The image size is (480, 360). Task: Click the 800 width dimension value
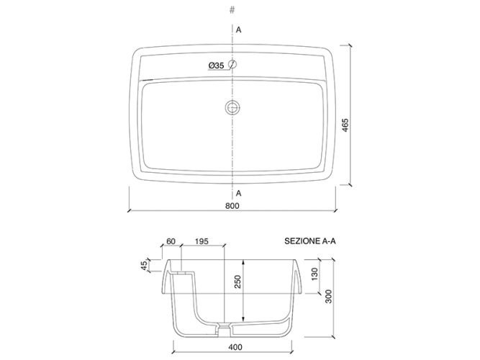tap(232, 206)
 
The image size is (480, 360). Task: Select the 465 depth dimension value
tap(345, 125)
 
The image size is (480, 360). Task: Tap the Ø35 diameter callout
tap(216, 66)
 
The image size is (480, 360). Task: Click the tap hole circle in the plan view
tap(232, 64)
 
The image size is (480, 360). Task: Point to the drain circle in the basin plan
tap(232, 107)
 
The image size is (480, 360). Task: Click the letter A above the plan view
tap(238, 30)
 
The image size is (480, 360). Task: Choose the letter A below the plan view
tap(238, 194)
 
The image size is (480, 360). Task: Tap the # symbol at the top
tap(232, 10)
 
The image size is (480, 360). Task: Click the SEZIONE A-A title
tap(309, 241)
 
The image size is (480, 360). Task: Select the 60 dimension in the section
tap(171, 241)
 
